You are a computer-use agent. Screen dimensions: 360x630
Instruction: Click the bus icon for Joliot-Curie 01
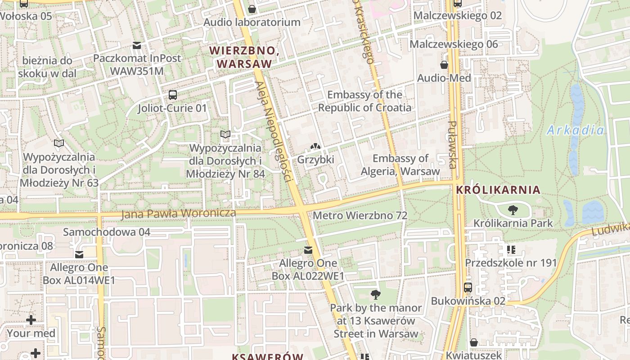172,95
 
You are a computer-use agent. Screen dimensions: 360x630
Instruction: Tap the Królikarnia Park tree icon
512,210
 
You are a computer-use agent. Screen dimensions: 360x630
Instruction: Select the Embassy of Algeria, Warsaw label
400,165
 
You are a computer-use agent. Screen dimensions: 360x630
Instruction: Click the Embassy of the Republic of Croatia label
364,101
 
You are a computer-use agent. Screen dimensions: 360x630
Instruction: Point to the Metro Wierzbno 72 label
360,216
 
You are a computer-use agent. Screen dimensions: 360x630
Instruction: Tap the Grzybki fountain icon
315,147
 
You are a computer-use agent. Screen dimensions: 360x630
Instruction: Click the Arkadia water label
576,130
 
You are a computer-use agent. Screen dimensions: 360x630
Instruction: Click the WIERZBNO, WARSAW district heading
244,57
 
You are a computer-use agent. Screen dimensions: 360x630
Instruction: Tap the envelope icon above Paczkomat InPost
137,45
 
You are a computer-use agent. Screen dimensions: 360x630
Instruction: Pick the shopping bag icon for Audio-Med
444,65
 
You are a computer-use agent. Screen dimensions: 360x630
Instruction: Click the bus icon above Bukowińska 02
468,287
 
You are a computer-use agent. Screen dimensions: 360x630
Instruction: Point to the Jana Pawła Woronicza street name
178,214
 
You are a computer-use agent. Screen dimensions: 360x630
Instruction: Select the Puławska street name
453,144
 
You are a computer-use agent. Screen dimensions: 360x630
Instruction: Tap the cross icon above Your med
31,320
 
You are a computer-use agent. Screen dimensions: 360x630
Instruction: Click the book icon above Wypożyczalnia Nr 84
225,134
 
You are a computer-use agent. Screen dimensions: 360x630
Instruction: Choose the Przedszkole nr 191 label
511,263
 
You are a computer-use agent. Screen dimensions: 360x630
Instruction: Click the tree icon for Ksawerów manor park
375,295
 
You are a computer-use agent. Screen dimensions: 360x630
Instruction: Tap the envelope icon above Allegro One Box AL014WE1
79,255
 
